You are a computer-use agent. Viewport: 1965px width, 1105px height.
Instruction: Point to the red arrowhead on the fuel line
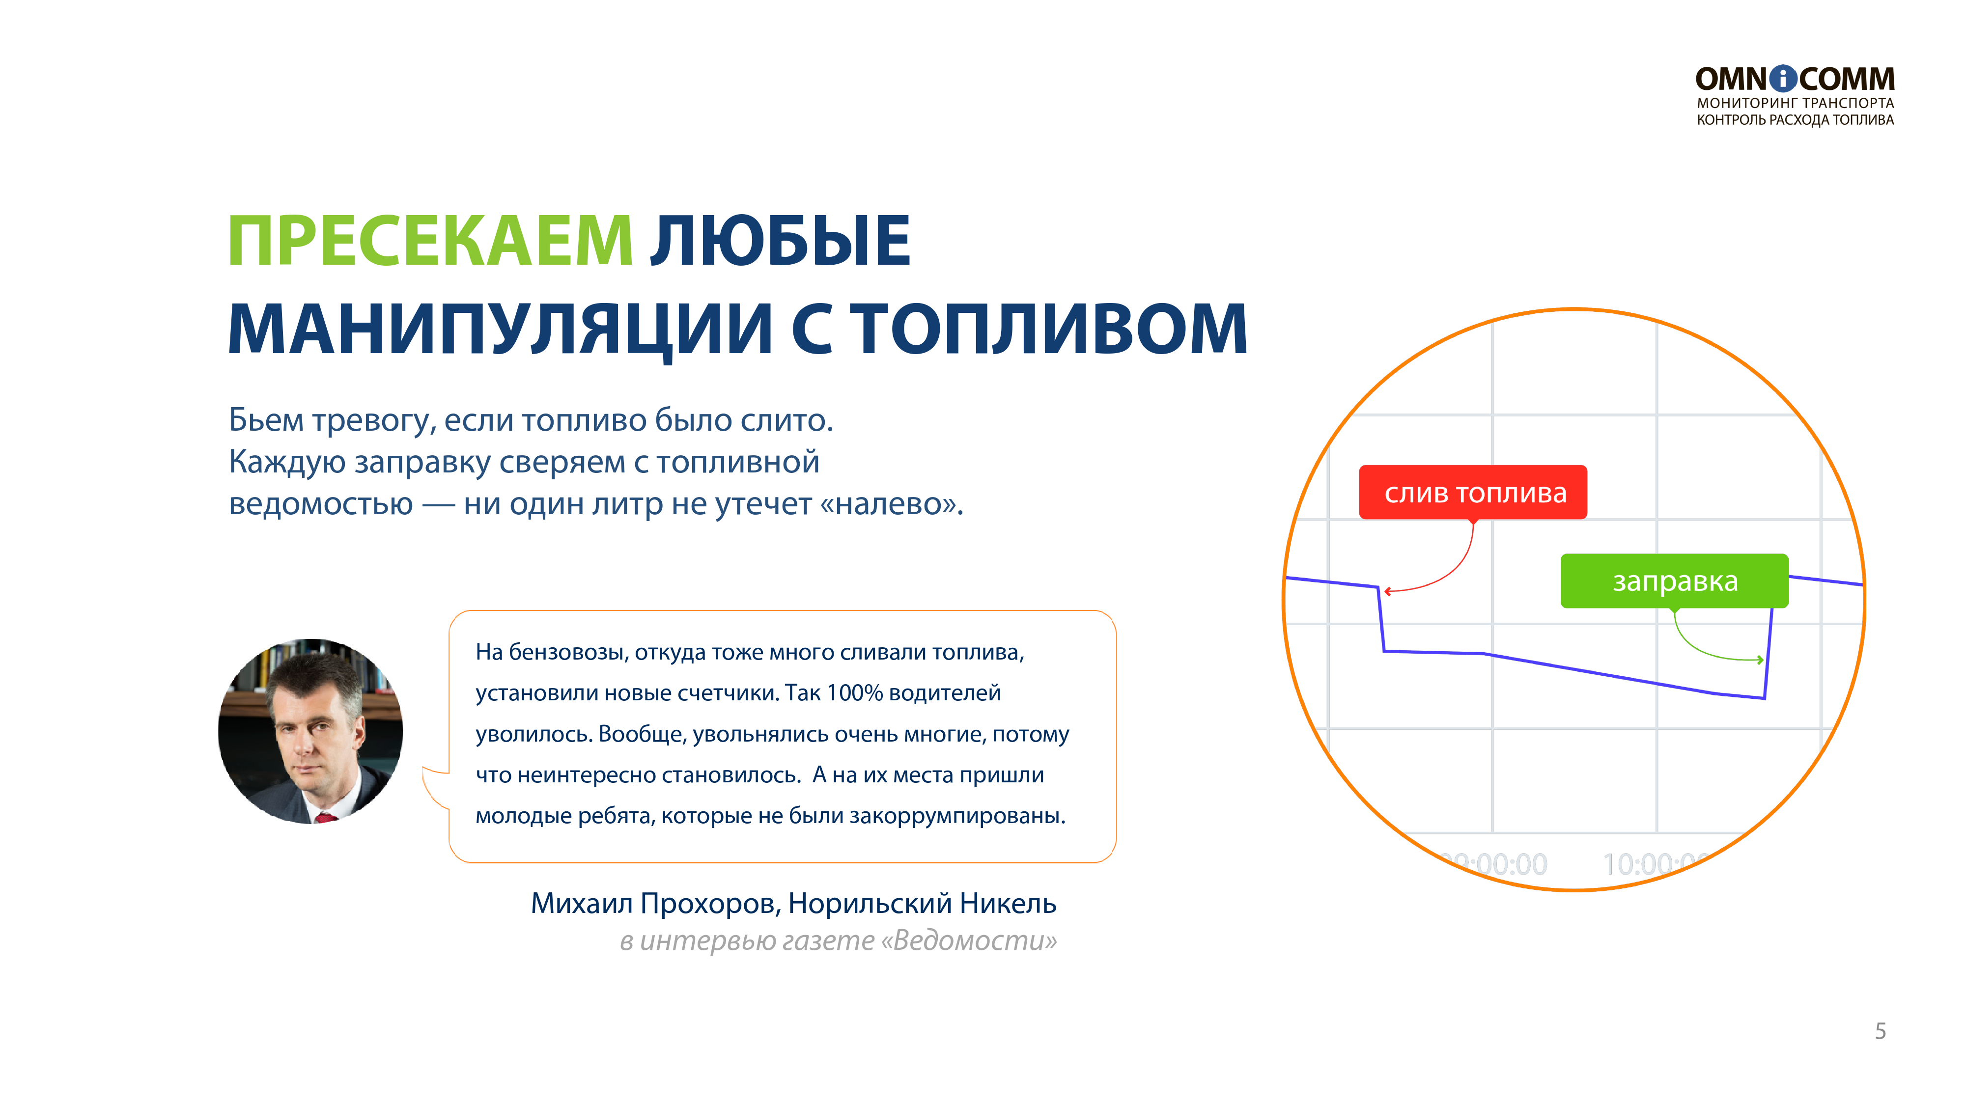pos(1388,591)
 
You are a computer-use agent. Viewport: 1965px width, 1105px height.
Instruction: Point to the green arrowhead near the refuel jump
pos(1760,660)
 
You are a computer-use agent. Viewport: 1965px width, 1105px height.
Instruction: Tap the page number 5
pos(1881,1031)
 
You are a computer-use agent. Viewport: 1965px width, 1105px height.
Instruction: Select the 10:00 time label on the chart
pos(1652,863)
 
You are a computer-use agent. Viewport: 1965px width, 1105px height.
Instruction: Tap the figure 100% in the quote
pos(854,692)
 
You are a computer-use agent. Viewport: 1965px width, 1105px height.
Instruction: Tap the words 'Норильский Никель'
pos(922,904)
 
